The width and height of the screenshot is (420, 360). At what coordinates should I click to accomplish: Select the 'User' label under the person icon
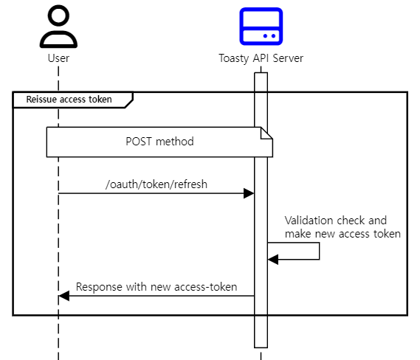(58, 58)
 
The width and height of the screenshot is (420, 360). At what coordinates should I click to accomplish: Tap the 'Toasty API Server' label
(261, 58)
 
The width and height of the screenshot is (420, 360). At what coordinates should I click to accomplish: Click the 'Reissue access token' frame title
(69, 99)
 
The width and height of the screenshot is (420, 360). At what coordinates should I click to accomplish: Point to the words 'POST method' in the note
(159, 141)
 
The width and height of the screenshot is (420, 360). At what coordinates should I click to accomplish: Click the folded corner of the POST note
(267, 133)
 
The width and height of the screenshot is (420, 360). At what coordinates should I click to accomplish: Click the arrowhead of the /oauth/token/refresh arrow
(249, 193)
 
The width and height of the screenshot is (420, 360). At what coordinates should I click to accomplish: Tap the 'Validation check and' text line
(335, 220)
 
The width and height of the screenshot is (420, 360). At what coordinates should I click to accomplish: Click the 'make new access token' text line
(342, 233)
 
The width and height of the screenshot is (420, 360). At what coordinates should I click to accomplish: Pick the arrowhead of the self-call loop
(272, 259)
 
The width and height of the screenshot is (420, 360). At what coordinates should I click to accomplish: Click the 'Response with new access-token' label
(156, 287)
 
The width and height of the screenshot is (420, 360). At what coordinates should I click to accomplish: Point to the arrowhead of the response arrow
(63, 296)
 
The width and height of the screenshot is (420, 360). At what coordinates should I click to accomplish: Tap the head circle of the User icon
(58, 15)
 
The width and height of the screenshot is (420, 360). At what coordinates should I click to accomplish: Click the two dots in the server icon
(270, 35)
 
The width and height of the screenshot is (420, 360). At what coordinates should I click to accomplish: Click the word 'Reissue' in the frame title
(42, 99)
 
